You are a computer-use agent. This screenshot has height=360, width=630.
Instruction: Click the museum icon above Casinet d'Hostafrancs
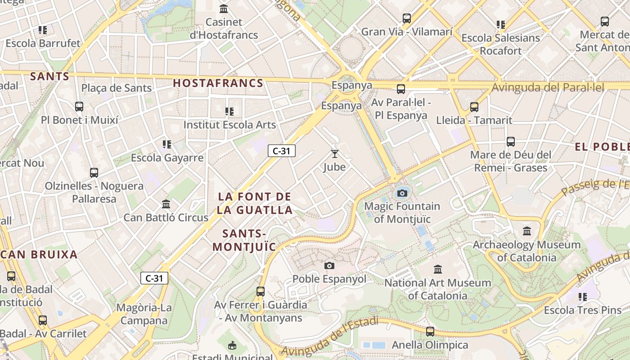pos(224,9)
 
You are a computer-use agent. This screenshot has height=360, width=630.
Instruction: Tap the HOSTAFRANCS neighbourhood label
pos(218,83)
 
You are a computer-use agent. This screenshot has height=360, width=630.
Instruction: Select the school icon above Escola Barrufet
pos(43,30)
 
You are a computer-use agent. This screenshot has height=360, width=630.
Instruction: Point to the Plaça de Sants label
pos(117,88)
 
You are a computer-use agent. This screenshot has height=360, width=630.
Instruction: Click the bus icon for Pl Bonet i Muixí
pos(79,107)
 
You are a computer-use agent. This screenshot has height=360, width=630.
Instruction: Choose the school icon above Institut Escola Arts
pos(229,111)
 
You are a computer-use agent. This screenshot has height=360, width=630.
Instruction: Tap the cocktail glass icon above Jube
pos(334,154)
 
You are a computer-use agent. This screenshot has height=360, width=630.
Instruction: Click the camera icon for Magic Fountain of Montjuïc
pos(402,193)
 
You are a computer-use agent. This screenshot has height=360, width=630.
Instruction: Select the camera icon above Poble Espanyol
pos(329,265)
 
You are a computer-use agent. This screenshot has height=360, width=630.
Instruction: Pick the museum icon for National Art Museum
pos(437,270)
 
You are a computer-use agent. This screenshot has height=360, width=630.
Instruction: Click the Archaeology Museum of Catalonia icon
pos(527,231)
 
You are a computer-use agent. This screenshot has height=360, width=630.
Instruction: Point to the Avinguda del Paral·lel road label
pos(548,87)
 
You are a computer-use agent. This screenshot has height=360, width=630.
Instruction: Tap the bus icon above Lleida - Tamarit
pos(474,107)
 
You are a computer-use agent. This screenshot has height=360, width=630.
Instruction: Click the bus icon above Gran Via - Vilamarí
pos(407,18)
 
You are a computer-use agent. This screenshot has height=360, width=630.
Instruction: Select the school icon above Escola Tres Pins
pos(583,297)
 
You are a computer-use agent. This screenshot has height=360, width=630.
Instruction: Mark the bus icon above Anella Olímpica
pos(430,332)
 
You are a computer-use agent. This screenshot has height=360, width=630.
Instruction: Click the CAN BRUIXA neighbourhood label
pos(39,254)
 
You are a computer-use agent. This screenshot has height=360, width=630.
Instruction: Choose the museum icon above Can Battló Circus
pos(166,204)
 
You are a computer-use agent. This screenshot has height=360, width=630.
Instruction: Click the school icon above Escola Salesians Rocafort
pos(501,25)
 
